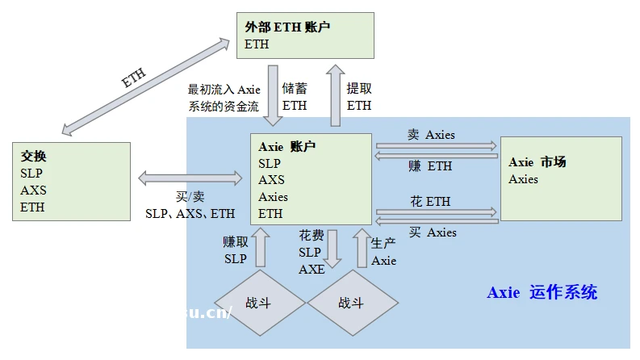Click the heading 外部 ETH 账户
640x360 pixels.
click(287, 27)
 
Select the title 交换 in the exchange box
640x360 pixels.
click(34, 157)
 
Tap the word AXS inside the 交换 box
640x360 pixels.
click(33, 190)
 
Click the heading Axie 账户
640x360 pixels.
click(287, 147)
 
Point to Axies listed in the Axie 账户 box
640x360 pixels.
click(273, 197)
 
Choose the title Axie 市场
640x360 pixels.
click(537, 162)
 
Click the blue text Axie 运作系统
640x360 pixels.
click(542, 292)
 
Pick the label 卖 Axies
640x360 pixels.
click(431, 135)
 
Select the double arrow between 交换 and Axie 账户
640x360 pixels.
click(190, 177)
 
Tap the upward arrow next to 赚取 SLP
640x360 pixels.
click(260, 248)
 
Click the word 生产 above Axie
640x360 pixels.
click(383, 243)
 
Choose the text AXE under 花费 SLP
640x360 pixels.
click(312, 269)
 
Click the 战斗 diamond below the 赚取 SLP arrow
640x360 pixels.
click(260, 303)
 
